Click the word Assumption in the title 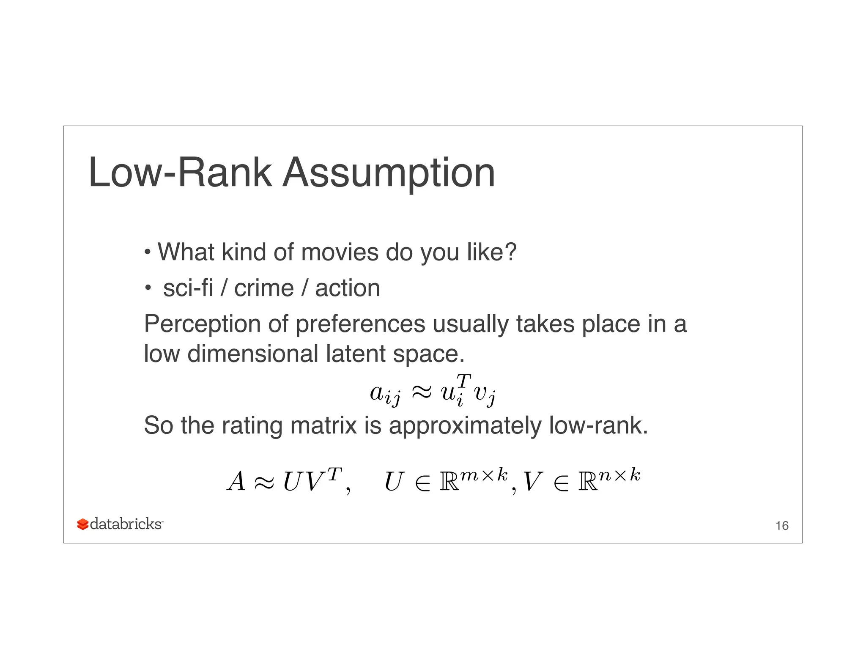[389, 173]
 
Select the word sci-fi [188, 288]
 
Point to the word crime [264, 288]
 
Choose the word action [347, 288]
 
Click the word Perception [202, 325]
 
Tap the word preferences [360, 325]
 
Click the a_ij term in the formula [384, 394]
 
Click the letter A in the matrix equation [236, 482]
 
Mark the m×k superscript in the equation [484, 475]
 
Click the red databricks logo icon [83, 524]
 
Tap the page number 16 [782, 526]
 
